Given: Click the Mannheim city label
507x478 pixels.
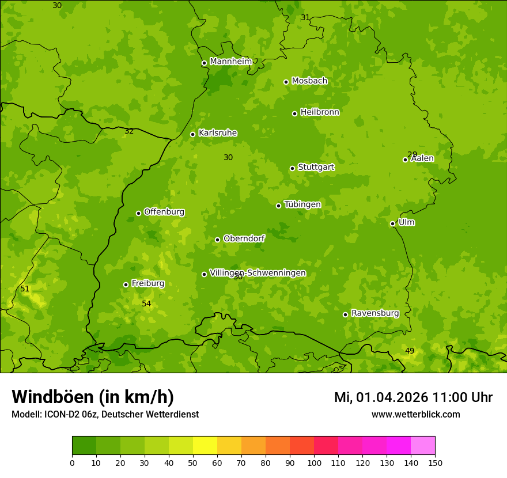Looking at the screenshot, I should (230, 62).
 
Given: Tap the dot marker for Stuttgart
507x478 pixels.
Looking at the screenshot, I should (292, 168).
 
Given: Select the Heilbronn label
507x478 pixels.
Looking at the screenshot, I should (320, 112).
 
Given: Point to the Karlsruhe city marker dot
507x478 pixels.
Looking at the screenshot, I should (192, 134).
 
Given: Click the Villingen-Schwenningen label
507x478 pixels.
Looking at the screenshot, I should (258, 273).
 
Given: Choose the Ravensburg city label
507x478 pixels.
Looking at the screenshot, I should (375, 313).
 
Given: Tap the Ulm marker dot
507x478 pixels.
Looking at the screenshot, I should (392, 223).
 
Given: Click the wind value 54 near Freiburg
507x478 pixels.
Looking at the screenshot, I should (146, 304).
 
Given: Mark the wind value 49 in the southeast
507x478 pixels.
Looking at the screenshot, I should (410, 351).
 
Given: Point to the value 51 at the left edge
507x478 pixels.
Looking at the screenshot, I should (25, 289).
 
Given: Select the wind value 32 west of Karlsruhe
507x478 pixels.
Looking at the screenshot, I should (129, 131).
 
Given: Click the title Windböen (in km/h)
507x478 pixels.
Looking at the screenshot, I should (93, 397).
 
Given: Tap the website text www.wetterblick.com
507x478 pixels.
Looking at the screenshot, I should (415, 414).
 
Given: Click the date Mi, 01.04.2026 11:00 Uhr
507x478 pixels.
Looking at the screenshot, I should (413, 397).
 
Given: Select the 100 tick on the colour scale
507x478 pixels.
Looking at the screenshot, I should (314, 462).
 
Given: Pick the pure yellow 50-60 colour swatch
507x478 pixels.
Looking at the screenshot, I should (205, 446).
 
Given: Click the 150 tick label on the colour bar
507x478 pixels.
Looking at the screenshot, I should (435, 462).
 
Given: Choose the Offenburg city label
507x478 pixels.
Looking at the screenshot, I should (164, 212).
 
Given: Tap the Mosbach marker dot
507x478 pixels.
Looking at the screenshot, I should (286, 82).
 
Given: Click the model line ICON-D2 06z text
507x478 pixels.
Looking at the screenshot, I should (105, 414).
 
